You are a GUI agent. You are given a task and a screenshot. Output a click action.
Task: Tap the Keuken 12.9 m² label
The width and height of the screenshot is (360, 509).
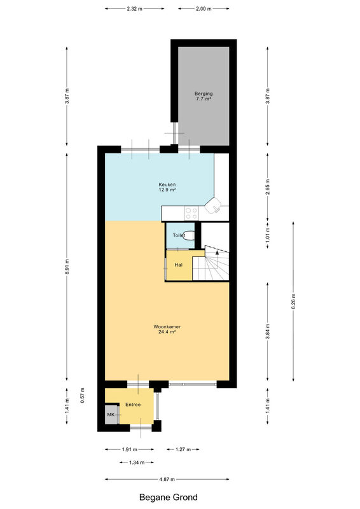coord(167,187)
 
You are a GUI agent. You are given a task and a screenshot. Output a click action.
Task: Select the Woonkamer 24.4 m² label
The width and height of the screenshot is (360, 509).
coord(167,330)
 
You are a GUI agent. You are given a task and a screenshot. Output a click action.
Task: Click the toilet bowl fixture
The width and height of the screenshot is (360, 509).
coord(188,235)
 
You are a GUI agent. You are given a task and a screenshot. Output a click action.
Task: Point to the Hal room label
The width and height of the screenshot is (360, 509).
coord(179,265)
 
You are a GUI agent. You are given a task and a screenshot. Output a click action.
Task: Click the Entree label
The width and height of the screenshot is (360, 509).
coord(133,405)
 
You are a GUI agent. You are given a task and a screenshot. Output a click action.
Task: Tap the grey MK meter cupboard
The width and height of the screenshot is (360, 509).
coord(111,414)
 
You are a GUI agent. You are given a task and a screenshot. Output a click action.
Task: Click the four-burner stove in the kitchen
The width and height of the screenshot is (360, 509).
coord(191,213)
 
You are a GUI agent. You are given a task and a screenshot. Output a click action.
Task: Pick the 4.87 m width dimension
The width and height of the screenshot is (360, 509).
coord(167,479)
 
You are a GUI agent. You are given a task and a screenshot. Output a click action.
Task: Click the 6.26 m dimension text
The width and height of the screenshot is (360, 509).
coord(293,301)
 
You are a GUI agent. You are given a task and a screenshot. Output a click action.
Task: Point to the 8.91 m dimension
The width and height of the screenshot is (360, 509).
coord(67,267)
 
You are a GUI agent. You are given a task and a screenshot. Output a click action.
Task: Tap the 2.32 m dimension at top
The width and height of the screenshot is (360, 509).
coord(134,9)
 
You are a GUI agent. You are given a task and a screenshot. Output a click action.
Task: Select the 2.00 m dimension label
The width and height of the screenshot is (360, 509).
coord(204,9)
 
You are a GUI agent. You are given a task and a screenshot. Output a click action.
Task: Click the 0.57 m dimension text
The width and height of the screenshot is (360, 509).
coord(83,395)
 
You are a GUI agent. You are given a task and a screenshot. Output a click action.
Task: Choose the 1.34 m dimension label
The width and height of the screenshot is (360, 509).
coord(137,463)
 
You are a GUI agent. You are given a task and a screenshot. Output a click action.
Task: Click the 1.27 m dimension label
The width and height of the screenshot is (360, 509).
coord(183,449)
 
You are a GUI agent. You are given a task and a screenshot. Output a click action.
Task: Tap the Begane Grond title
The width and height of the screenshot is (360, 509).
coord(168,498)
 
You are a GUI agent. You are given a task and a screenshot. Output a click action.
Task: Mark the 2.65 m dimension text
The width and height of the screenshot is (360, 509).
coord(268,187)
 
